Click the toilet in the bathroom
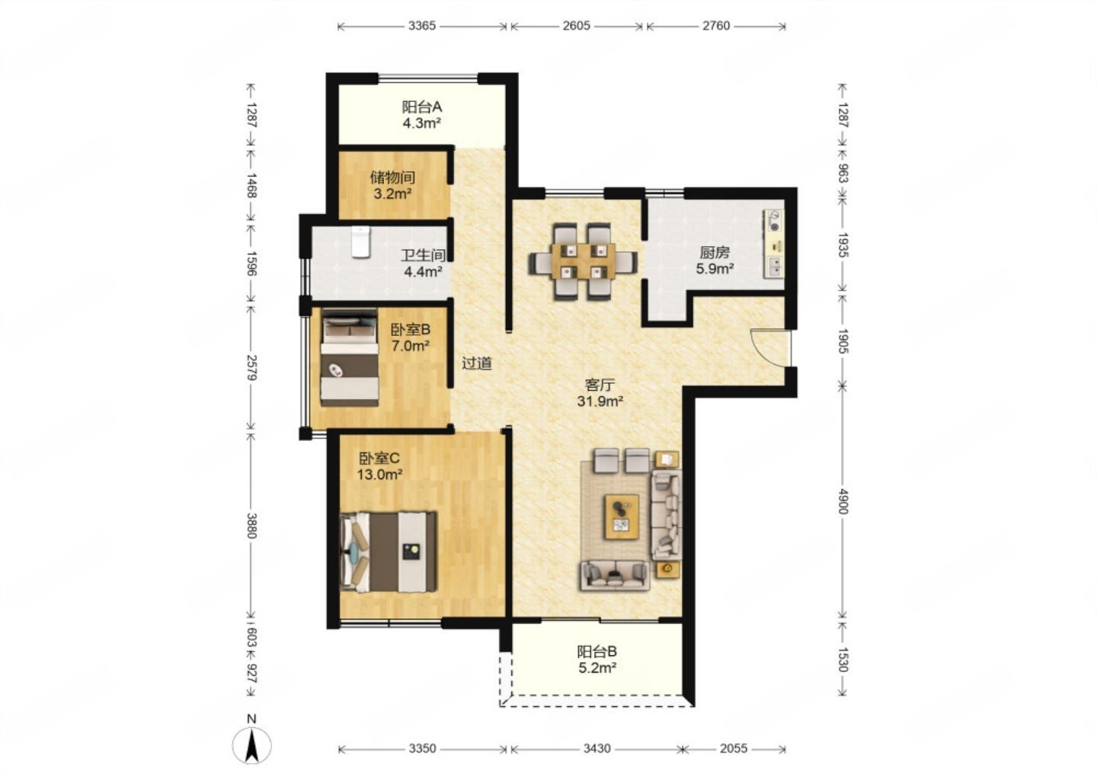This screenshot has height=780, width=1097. (360, 241)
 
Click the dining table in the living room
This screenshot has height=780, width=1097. (583, 261)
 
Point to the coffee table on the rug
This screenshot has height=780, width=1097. (622, 516)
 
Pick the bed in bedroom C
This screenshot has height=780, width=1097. (389, 551)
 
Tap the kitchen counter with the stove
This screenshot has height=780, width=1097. (774, 243)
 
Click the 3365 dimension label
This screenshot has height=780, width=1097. (422, 25)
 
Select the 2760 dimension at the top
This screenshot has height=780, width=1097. (716, 25)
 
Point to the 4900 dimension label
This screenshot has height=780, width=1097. (843, 501)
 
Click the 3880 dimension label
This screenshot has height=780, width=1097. (251, 526)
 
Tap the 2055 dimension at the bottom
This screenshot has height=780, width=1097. (734, 748)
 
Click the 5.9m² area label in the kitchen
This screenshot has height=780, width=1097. (715, 268)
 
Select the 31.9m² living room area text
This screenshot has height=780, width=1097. (600, 401)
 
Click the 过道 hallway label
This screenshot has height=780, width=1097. (477, 363)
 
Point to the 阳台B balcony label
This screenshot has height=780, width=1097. (597, 652)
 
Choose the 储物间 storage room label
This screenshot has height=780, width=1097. (392, 177)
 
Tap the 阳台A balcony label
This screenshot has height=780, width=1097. (422, 106)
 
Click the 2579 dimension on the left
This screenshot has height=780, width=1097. (251, 368)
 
